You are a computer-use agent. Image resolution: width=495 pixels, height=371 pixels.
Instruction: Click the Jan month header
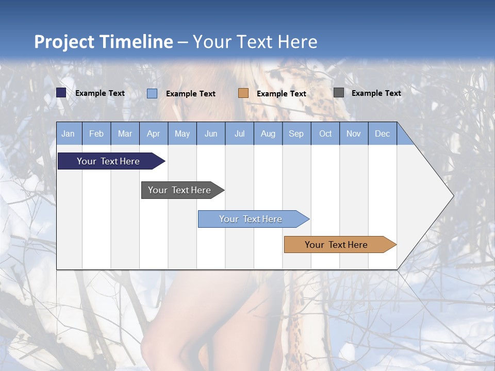click(68, 133)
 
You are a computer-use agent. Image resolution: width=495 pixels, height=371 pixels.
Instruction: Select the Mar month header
click(125, 133)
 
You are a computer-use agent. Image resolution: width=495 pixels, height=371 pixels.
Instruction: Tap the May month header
click(182, 133)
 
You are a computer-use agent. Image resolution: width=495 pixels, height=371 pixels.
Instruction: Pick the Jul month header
click(239, 133)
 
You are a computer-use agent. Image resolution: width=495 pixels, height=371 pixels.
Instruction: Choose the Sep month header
click(296, 133)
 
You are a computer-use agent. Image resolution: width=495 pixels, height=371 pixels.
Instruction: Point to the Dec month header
click(382, 133)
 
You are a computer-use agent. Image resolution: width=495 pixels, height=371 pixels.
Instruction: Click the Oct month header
click(325, 133)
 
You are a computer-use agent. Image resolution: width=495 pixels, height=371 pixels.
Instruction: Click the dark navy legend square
click(61, 93)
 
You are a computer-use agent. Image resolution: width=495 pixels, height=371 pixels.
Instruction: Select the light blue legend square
click(152, 93)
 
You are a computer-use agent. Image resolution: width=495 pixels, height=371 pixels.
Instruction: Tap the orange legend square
click(243, 93)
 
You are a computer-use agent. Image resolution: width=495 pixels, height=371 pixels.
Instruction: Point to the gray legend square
click(339, 93)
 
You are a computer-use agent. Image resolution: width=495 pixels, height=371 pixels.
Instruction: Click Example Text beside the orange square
click(281, 94)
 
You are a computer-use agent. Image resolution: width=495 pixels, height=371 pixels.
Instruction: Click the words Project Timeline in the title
click(104, 42)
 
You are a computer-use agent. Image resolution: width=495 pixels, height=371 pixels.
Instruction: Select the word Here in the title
click(298, 42)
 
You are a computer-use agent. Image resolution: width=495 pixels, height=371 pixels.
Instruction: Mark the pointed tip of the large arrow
click(453, 196)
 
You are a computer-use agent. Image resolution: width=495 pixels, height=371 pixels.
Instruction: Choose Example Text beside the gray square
click(376, 93)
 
